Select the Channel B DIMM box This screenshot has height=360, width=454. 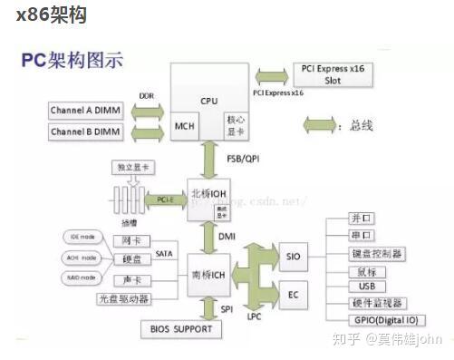(x=87, y=133)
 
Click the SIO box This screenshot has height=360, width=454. (x=293, y=257)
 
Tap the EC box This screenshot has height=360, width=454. (x=293, y=294)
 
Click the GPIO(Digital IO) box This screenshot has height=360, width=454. (x=386, y=319)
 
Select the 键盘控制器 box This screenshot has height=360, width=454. (x=376, y=253)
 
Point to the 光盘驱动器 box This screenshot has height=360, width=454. (x=124, y=297)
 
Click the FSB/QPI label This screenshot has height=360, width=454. (x=241, y=157)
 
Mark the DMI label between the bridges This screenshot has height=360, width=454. (x=227, y=235)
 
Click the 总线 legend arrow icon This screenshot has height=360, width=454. (x=319, y=124)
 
